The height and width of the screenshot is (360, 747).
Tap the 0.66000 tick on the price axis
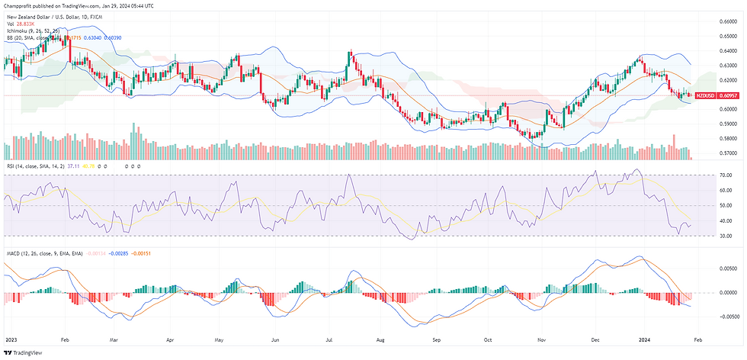(730, 21)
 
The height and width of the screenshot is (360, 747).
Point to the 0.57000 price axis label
(730, 153)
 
